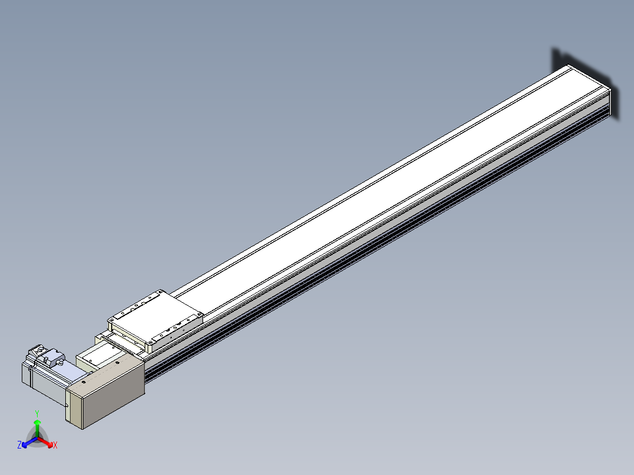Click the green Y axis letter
[37, 413]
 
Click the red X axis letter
[55, 445]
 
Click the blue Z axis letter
[19, 444]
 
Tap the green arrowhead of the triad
[37, 422]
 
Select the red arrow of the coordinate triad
[45, 441]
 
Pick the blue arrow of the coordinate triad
[29, 441]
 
